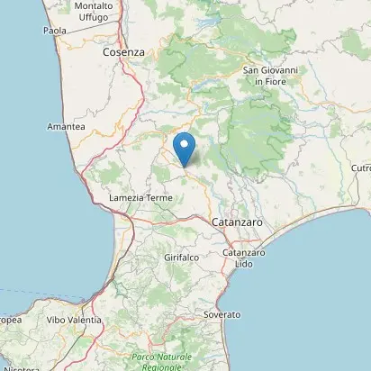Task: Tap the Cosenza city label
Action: [123, 52]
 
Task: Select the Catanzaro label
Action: [237, 221]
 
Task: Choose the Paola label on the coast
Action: [55, 31]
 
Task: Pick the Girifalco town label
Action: [180, 258]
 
